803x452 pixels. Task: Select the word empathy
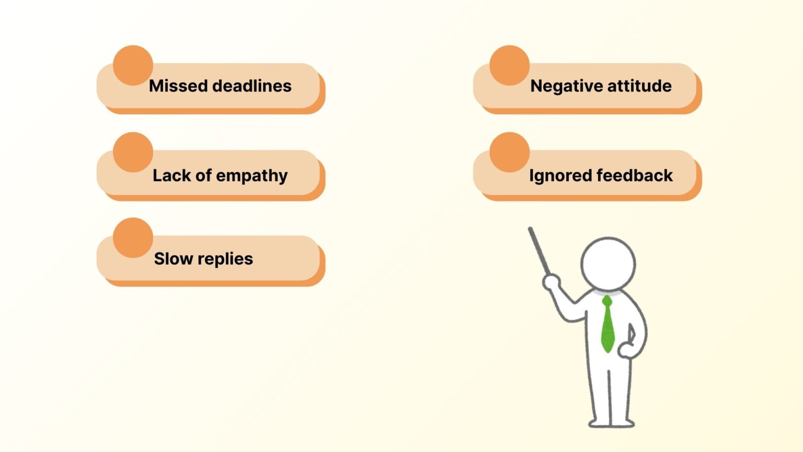251,176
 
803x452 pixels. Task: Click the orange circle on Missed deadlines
133,65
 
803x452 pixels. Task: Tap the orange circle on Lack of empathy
133,152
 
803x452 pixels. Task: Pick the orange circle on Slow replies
133,238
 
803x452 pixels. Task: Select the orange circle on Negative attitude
509,65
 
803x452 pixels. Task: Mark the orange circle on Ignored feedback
509,152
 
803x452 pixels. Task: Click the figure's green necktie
607,324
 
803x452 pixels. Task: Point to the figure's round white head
608,263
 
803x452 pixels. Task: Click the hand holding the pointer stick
550,282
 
